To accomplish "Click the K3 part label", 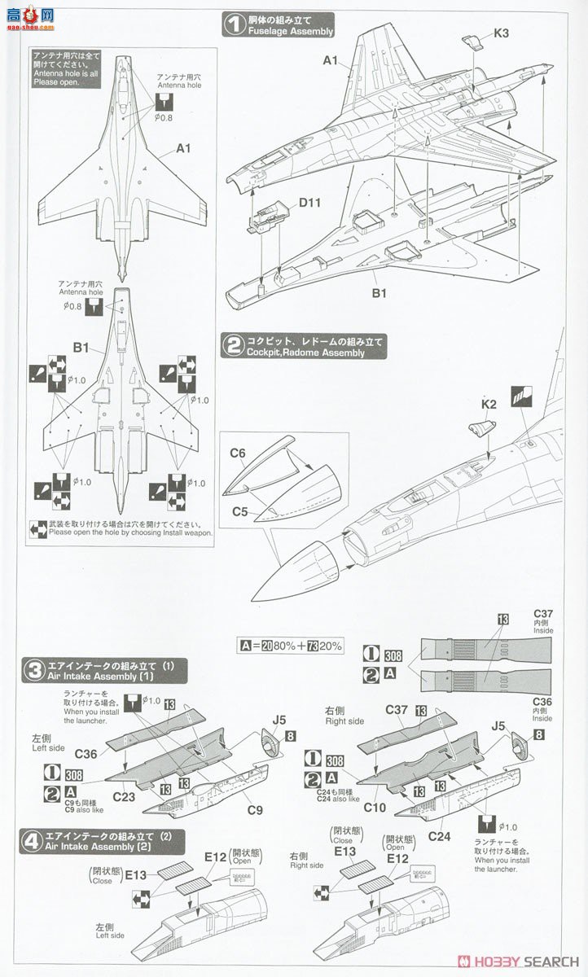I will [x=501, y=34].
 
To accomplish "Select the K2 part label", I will [x=489, y=404].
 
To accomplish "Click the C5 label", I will [x=239, y=510].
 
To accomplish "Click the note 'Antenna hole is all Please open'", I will [x=66, y=72].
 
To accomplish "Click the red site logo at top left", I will [x=28, y=16].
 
